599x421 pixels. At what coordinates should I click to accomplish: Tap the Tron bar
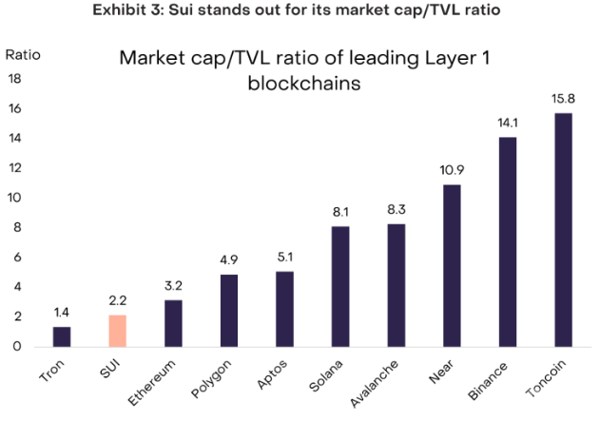pyautogui.click(x=62, y=336)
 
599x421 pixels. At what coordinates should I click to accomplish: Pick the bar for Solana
pyautogui.click(x=340, y=286)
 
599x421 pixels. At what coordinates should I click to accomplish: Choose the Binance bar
pyautogui.click(x=509, y=241)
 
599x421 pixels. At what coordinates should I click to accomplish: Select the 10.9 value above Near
pyautogui.click(x=453, y=170)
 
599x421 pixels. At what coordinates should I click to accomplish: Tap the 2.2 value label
pyautogui.click(x=117, y=300)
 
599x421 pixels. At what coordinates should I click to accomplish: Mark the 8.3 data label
pyautogui.click(x=396, y=209)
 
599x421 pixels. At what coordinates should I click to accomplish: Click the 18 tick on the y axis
pyautogui.click(x=16, y=79)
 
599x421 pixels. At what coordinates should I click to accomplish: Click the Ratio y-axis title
pyautogui.click(x=24, y=53)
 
